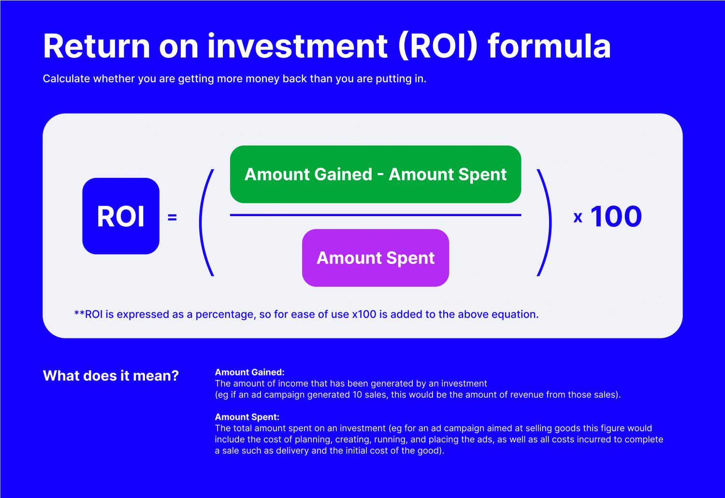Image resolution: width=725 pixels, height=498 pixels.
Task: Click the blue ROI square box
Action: (x=121, y=216)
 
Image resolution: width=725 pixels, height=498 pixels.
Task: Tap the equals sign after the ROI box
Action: (x=172, y=218)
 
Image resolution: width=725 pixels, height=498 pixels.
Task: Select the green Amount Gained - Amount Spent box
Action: (x=376, y=174)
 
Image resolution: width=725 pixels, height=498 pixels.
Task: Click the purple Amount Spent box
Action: (x=376, y=258)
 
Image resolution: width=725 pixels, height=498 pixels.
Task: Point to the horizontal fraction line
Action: (x=376, y=215)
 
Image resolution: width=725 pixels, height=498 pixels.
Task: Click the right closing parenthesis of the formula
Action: (x=545, y=222)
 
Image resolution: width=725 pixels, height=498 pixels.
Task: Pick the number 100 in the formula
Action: (x=616, y=217)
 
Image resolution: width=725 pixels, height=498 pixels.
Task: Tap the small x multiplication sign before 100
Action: (x=578, y=218)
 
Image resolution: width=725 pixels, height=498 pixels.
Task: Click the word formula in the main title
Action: (x=549, y=46)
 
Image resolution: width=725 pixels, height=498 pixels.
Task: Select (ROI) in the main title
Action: (x=438, y=46)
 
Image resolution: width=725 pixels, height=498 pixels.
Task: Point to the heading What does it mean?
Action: (x=111, y=376)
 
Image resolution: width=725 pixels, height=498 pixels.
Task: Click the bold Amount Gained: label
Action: (x=249, y=372)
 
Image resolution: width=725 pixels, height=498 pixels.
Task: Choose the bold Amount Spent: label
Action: (x=247, y=417)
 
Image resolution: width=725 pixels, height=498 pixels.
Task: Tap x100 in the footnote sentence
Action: (x=364, y=314)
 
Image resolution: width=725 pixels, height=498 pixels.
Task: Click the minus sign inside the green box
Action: (x=380, y=174)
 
